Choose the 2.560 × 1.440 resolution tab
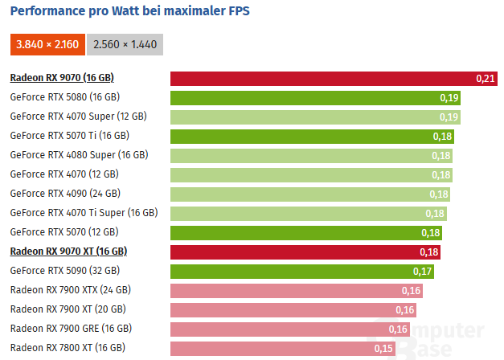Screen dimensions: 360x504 click(125, 44)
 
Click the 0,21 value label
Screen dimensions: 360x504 click(486, 79)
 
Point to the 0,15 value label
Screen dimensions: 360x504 click(383, 349)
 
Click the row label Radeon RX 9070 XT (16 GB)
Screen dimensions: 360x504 click(68, 252)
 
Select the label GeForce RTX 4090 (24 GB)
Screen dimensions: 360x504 click(65, 194)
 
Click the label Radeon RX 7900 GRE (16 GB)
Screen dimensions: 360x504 click(71, 329)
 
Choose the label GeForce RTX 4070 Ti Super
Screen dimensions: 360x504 click(84, 213)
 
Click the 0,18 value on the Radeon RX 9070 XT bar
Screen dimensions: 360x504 click(429, 252)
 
